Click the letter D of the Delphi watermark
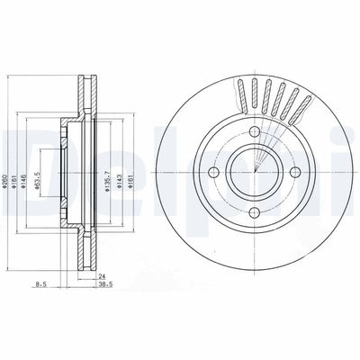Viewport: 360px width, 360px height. click(x=20, y=148)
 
